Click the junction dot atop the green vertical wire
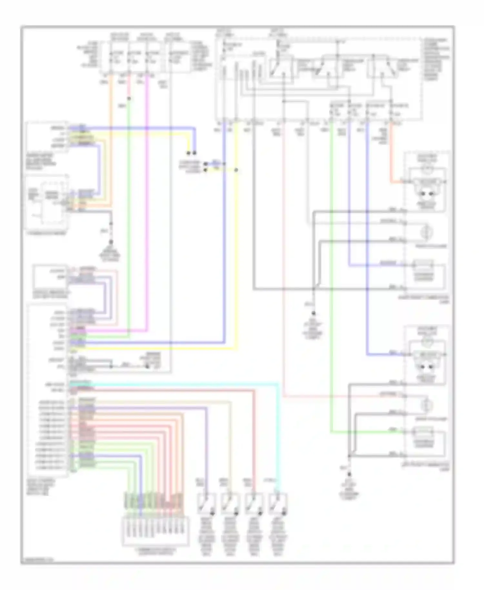[x=129, y=98]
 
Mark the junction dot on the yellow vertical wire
[x=236, y=170]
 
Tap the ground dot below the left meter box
[x=111, y=242]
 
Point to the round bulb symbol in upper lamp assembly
[x=428, y=233]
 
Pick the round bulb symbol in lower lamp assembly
[x=428, y=406]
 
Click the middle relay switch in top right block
[x=325, y=68]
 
